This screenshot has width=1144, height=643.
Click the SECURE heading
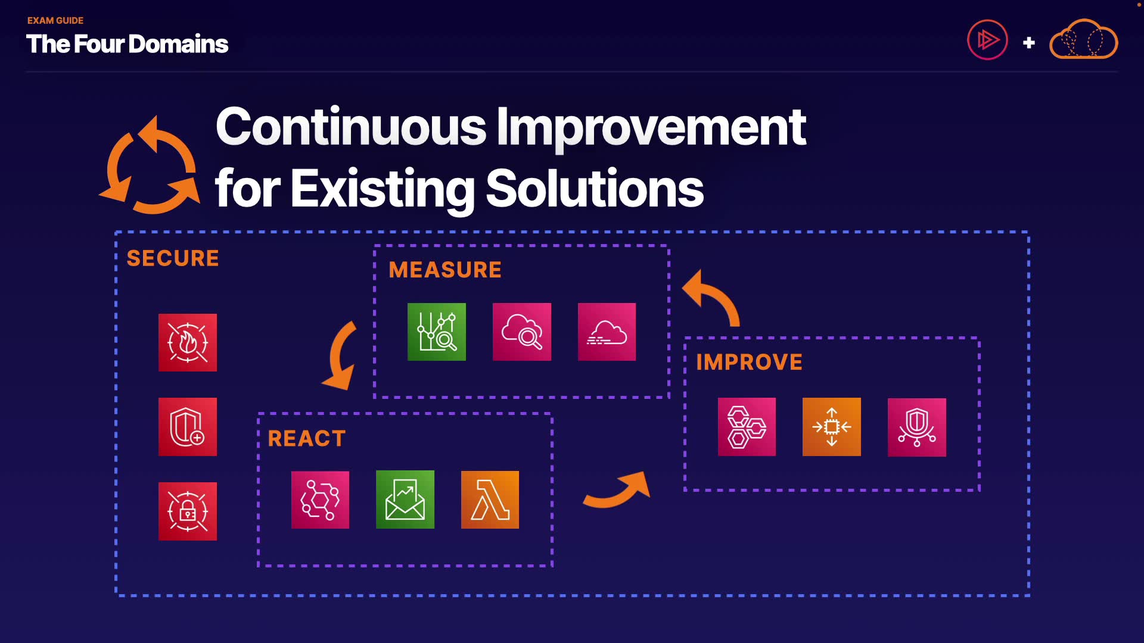[x=173, y=258]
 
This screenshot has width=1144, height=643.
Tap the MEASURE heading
[x=445, y=270]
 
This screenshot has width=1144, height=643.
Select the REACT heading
[x=307, y=439]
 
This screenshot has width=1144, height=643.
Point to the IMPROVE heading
[x=749, y=362]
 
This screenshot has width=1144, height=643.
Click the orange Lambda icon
[x=490, y=500]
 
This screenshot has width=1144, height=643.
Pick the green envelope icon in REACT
[x=405, y=500]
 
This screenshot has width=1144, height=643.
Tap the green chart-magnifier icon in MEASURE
[x=437, y=332]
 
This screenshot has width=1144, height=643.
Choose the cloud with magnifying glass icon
[x=522, y=332]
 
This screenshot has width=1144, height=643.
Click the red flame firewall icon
[x=188, y=342]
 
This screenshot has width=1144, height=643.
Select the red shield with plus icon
[x=188, y=427]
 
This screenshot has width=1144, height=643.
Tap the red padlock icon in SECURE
[x=188, y=511]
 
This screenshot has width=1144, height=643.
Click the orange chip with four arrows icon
[x=832, y=427]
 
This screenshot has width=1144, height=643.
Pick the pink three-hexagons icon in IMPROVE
[x=747, y=427]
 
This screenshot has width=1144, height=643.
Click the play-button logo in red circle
[x=987, y=40]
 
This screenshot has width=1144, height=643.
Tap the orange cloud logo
[x=1083, y=39]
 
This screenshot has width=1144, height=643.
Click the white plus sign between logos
[x=1028, y=43]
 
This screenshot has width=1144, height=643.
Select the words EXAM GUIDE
[x=55, y=20]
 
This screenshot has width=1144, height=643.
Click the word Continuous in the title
[x=351, y=127]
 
